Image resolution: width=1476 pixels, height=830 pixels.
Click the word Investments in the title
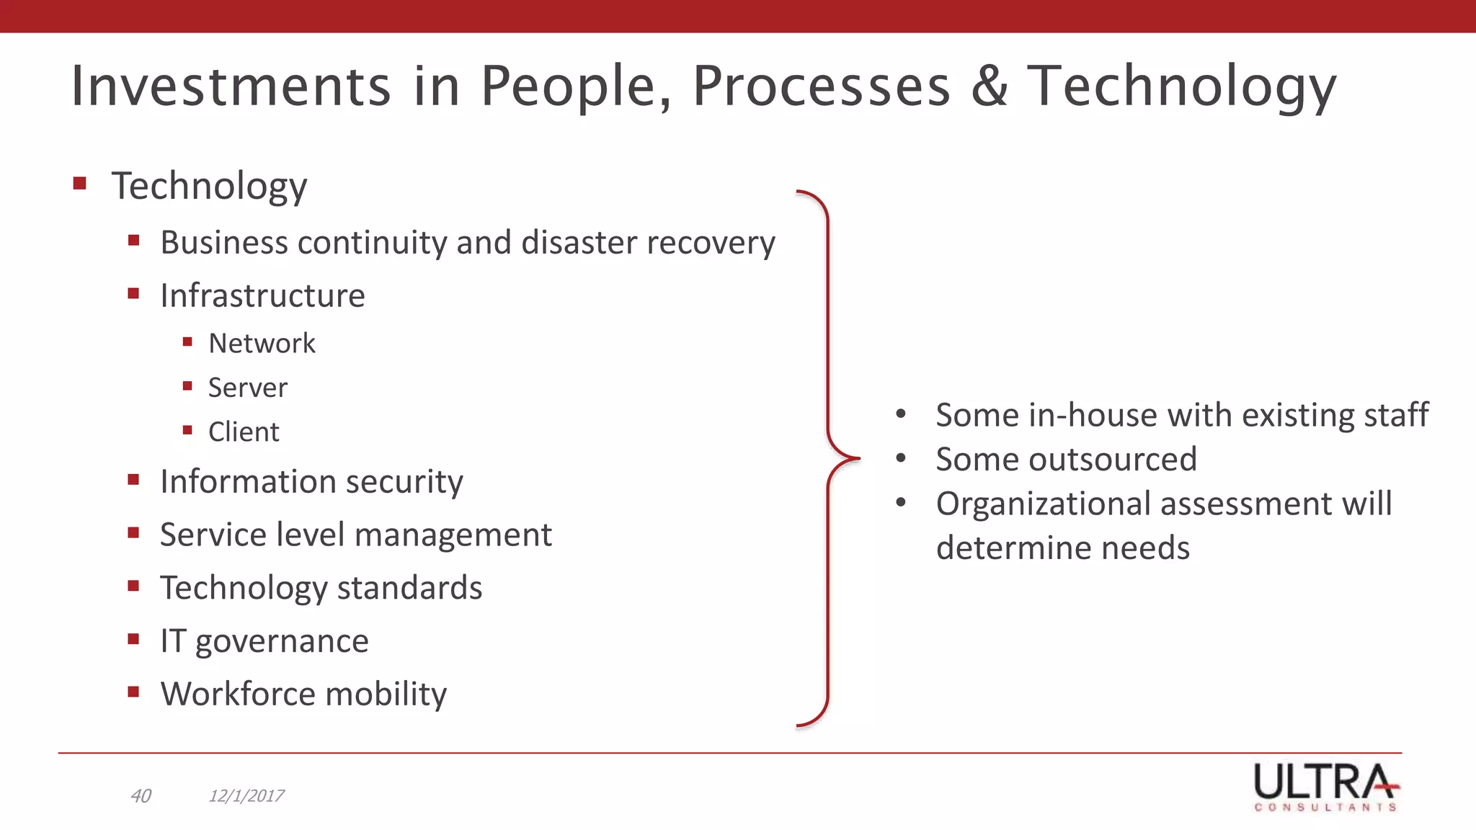point(231,86)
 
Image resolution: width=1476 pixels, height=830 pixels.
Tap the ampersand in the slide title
point(990,86)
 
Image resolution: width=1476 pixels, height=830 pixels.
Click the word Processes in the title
point(822,86)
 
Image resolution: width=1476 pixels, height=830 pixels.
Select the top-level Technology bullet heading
point(209,186)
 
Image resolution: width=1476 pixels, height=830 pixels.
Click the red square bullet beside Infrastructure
point(133,293)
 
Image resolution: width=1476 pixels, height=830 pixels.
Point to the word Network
point(262,344)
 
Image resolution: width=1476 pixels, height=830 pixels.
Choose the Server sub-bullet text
point(247,388)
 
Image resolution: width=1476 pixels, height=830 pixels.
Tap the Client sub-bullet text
point(244,432)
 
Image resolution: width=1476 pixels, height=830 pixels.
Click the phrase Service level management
point(355,535)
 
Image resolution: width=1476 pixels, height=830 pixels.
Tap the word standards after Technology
point(409,588)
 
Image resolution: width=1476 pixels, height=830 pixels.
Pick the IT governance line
point(264,641)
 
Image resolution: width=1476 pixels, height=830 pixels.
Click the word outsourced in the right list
point(1113,460)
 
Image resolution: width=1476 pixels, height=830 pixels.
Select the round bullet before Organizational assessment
point(901,503)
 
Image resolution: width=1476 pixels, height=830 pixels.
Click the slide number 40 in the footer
point(141,795)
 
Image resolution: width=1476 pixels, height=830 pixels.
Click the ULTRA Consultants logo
point(1326,787)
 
